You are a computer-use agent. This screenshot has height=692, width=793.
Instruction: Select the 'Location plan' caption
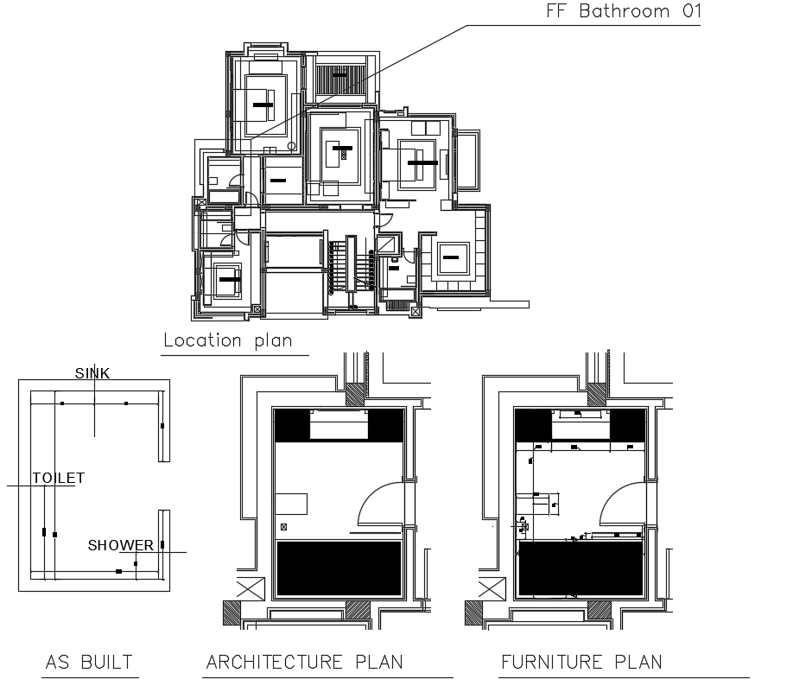[x=228, y=340]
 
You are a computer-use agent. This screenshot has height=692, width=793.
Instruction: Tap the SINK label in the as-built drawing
[x=92, y=373]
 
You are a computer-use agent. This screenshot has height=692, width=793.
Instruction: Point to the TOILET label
[x=58, y=478]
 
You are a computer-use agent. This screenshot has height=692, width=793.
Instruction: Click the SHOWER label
[x=120, y=545]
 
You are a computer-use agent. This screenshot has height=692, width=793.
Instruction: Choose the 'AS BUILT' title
[x=89, y=663]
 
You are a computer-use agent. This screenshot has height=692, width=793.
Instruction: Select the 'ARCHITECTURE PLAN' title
[x=304, y=663]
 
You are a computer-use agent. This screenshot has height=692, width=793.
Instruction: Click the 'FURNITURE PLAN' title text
[x=581, y=663]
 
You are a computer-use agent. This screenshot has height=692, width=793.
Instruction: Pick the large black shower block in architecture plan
[x=339, y=568]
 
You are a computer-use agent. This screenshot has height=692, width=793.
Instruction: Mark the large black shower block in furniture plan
[x=580, y=568]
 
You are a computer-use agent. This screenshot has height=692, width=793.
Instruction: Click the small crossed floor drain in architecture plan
[x=282, y=527]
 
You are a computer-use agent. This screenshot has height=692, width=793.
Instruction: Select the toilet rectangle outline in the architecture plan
[x=291, y=505]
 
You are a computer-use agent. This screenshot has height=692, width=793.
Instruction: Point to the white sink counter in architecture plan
[x=339, y=425]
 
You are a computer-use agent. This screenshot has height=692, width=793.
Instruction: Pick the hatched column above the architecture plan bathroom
[x=355, y=394]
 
